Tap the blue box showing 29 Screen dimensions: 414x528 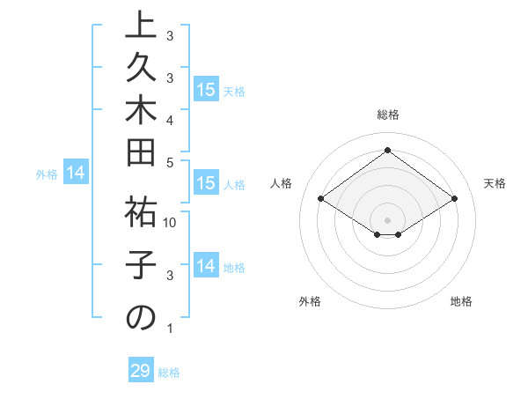pos(141,371)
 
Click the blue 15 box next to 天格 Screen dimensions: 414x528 pos(206,90)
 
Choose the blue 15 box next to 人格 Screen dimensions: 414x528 pos(206,184)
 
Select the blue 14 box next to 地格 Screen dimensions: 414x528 pos(206,267)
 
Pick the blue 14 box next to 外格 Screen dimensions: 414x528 pos(76,174)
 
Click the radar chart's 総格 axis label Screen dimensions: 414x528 pos(387,115)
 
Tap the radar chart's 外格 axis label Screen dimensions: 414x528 pos(310,301)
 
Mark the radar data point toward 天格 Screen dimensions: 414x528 pos(454,199)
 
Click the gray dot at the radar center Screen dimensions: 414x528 pos(387,218)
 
